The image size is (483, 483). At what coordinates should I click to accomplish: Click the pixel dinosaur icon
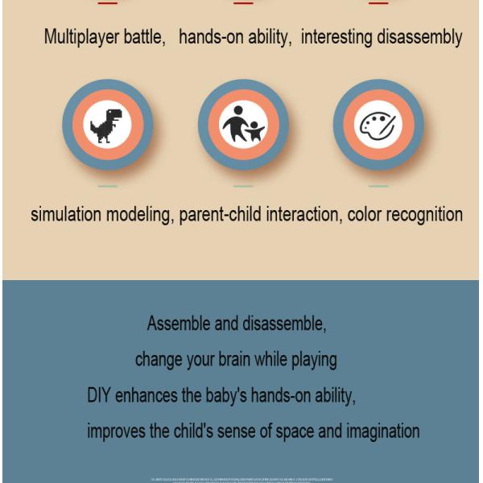click(107, 125)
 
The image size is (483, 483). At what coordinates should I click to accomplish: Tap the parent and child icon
click(243, 125)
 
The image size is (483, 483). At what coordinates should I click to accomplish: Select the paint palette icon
click(378, 125)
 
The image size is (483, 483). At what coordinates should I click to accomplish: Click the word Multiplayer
click(81, 37)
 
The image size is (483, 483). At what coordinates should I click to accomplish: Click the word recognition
click(424, 215)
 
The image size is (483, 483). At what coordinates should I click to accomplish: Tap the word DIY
click(99, 395)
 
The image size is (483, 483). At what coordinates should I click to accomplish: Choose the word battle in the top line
click(144, 37)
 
